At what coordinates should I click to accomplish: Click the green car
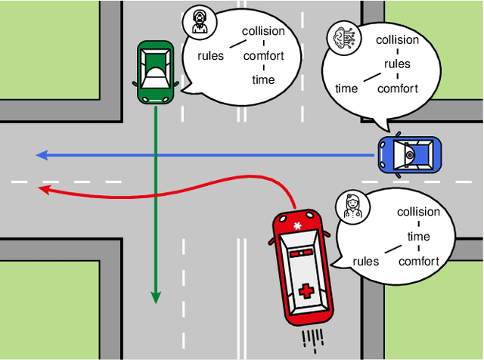tap(155, 72)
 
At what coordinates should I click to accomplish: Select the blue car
tap(409, 155)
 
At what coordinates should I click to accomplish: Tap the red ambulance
tap(302, 265)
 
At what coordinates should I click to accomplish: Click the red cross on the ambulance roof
tap(306, 291)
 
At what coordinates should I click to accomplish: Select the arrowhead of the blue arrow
tap(42, 155)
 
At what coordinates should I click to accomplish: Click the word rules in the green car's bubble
tap(211, 55)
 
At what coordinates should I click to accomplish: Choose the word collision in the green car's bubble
tap(263, 31)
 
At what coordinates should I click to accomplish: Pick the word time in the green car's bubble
tap(263, 79)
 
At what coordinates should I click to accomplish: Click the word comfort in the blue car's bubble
tap(397, 88)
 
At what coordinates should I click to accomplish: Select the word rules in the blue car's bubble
tap(397, 64)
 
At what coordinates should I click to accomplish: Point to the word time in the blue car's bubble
tap(346, 88)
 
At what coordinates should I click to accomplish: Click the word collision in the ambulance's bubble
tap(418, 212)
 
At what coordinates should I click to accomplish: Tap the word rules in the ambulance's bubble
tap(366, 262)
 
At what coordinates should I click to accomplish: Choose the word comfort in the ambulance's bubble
tap(418, 262)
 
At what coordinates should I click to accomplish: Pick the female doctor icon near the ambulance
tap(352, 206)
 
